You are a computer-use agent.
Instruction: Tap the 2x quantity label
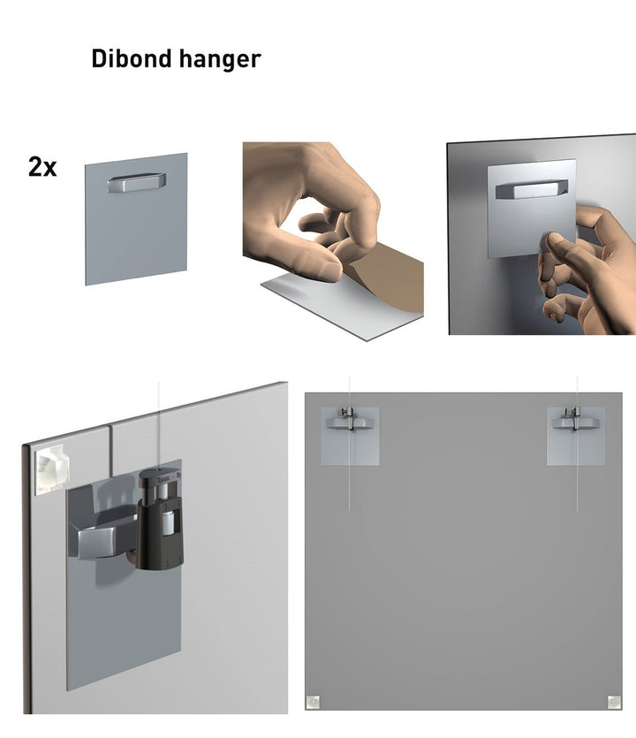click(42, 166)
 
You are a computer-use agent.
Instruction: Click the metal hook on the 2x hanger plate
click(136, 184)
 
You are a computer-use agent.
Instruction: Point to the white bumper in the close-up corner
click(51, 469)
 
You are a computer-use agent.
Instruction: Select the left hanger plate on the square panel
click(350, 435)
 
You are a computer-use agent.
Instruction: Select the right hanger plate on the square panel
click(576, 435)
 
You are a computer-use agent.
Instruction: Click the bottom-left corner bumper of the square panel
click(312, 703)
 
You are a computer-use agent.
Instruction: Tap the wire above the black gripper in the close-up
click(159, 424)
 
